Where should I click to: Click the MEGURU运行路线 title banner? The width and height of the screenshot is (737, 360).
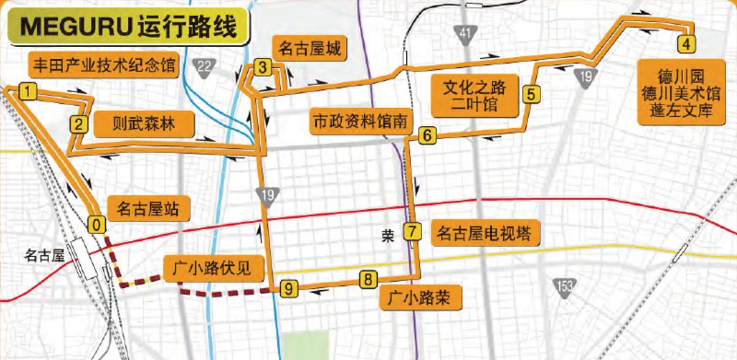[129, 28]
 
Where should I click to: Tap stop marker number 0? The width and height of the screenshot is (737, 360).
[98, 224]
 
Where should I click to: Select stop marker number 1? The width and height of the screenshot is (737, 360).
[27, 91]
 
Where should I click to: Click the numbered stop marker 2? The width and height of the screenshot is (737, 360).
[78, 125]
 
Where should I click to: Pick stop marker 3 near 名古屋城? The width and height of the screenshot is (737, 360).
[262, 67]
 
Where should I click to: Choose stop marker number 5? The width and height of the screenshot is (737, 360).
[531, 94]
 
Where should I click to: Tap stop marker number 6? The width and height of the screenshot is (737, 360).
[427, 136]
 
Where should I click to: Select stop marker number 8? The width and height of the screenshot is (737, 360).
[367, 280]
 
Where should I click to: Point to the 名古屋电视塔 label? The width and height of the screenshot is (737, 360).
[484, 234]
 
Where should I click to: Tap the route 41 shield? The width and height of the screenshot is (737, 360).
[465, 33]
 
